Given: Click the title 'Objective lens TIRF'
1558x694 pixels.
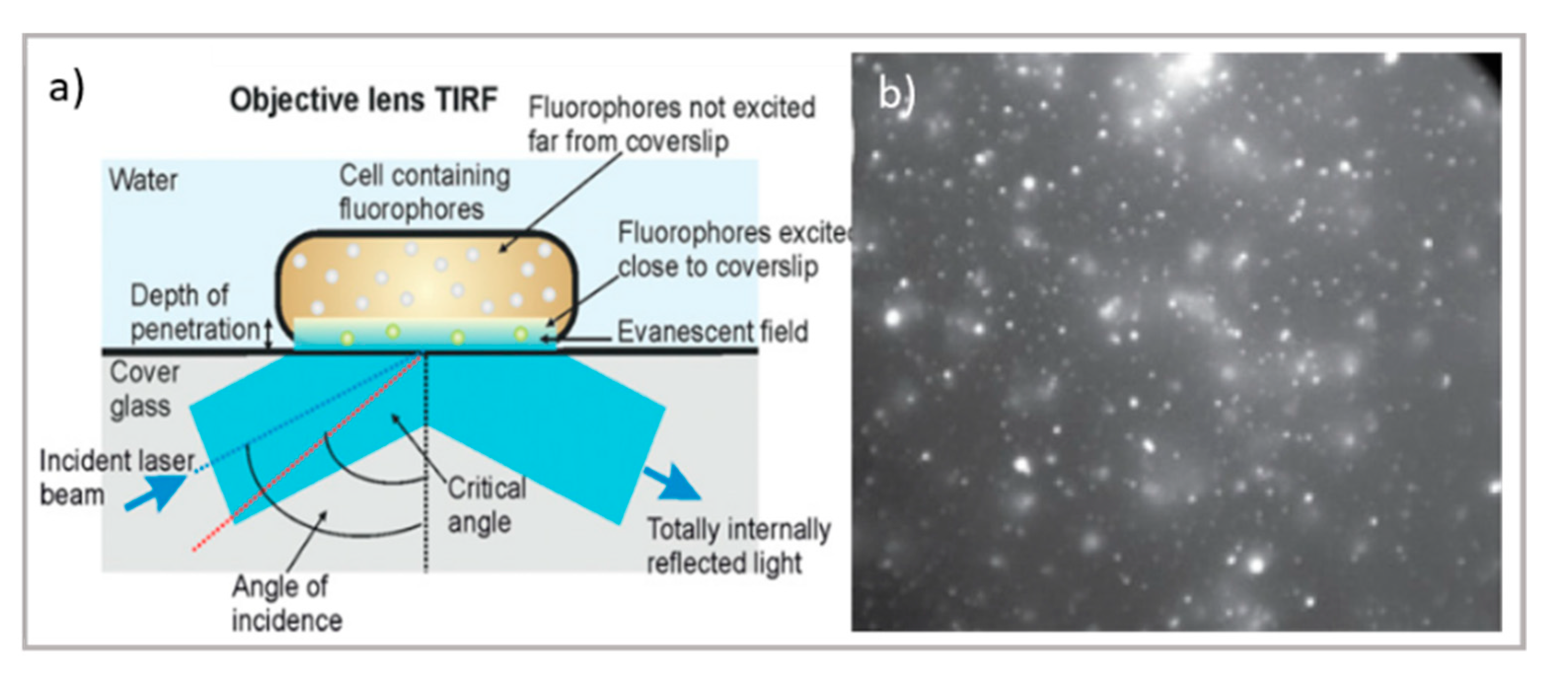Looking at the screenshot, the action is pyautogui.click(x=363, y=100).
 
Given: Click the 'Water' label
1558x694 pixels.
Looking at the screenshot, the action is pyautogui.click(x=144, y=180).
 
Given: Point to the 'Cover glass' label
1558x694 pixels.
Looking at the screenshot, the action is pyautogui.click(x=145, y=389).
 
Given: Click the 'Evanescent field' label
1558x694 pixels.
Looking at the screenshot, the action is pyautogui.click(x=713, y=331).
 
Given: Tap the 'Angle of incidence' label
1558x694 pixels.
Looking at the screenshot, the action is pyautogui.click(x=287, y=603).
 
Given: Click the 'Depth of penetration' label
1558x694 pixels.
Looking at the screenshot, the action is pyautogui.click(x=195, y=312).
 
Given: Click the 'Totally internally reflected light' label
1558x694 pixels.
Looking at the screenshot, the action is pyautogui.click(x=738, y=546).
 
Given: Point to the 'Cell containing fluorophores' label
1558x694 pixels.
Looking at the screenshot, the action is pyautogui.click(x=425, y=192).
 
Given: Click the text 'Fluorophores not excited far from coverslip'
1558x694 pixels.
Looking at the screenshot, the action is pyautogui.click(x=671, y=124).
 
